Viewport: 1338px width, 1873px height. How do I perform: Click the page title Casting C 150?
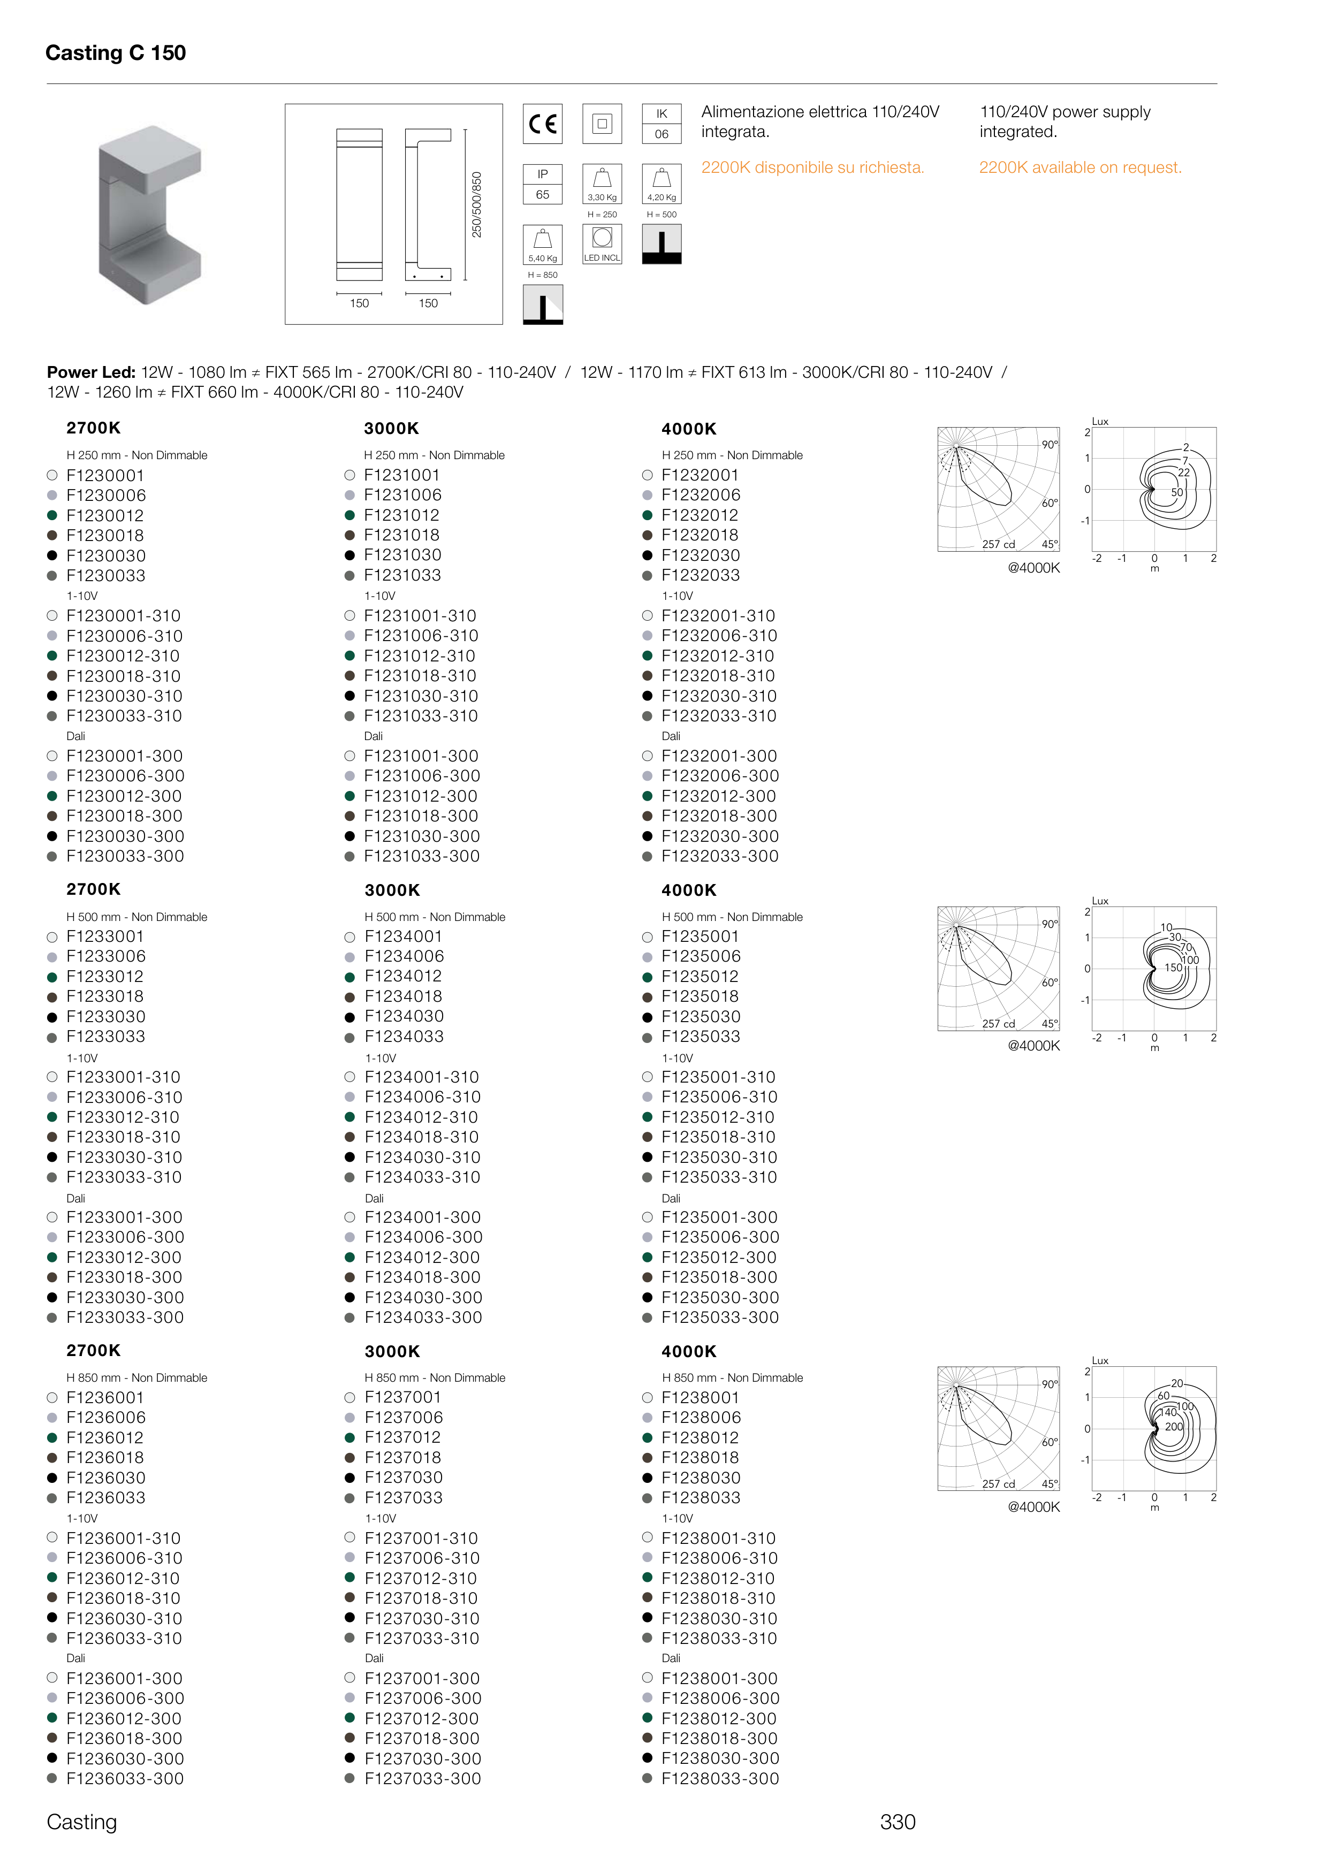pos(116,53)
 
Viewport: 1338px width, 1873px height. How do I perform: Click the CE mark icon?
pos(543,124)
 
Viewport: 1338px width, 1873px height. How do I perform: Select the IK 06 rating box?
pos(662,124)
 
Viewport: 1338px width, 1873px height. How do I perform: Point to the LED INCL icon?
pos(602,245)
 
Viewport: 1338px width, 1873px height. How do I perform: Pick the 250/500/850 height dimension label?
pos(476,205)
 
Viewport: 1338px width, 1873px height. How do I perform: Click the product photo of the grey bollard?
pos(150,214)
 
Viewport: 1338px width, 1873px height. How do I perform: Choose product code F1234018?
pos(403,996)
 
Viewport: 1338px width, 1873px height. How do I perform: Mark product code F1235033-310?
pos(718,1177)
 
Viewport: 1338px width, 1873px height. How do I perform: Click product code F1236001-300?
pos(124,1678)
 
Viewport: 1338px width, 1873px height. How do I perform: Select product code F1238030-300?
pos(719,1758)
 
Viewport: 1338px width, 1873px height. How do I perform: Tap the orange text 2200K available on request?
pos(1080,167)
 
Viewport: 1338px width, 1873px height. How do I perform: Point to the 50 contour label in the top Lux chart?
pos(1176,492)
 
